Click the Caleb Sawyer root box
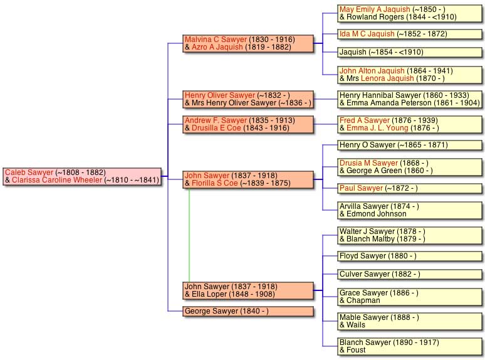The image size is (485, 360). [x=82, y=176]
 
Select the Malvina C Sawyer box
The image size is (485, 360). [x=248, y=43]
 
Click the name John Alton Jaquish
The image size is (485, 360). [x=372, y=71]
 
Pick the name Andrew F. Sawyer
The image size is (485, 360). [x=216, y=120]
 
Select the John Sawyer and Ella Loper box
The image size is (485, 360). [x=248, y=290]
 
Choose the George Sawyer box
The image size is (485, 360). [x=248, y=311]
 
